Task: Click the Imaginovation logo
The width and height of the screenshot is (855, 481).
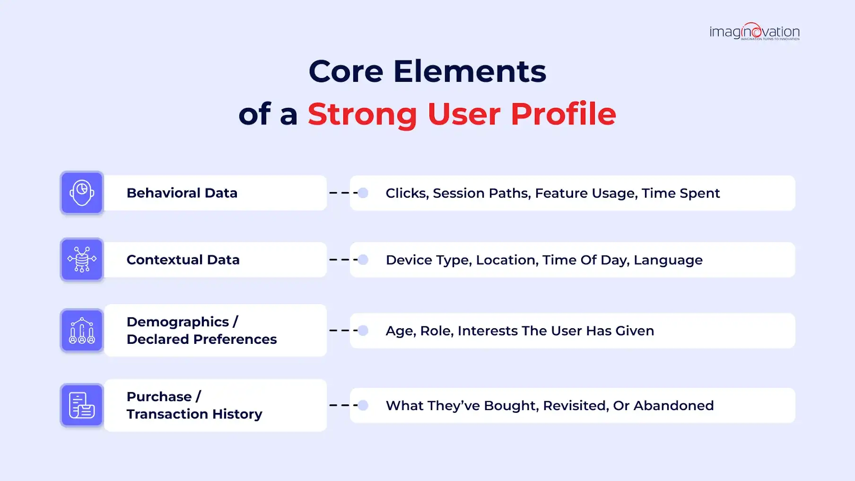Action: (x=754, y=32)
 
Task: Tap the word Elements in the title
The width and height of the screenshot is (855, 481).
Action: (x=470, y=71)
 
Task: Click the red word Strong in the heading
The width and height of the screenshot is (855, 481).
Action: (x=362, y=114)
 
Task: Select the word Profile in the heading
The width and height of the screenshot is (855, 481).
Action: (x=563, y=114)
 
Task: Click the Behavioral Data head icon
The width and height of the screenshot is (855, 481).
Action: (x=82, y=193)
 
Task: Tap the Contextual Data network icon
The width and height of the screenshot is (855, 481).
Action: (x=82, y=260)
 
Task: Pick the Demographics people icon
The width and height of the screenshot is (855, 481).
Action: (x=82, y=331)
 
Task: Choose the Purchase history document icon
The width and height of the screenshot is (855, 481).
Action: (x=82, y=405)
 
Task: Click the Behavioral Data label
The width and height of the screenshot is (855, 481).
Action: (x=182, y=193)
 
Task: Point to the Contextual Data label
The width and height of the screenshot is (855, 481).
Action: (x=183, y=260)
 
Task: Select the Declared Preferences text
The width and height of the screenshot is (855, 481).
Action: (x=202, y=339)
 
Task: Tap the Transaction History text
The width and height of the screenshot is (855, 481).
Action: (x=194, y=414)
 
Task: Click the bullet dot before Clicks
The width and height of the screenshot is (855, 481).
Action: (x=363, y=193)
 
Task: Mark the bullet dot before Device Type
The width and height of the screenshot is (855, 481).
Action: (x=363, y=260)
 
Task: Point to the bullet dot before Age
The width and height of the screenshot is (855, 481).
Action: (x=363, y=331)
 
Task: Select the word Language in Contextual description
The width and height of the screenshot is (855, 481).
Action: (x=668, y=260)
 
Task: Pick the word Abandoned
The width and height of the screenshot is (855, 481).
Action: (x=674, y=405)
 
